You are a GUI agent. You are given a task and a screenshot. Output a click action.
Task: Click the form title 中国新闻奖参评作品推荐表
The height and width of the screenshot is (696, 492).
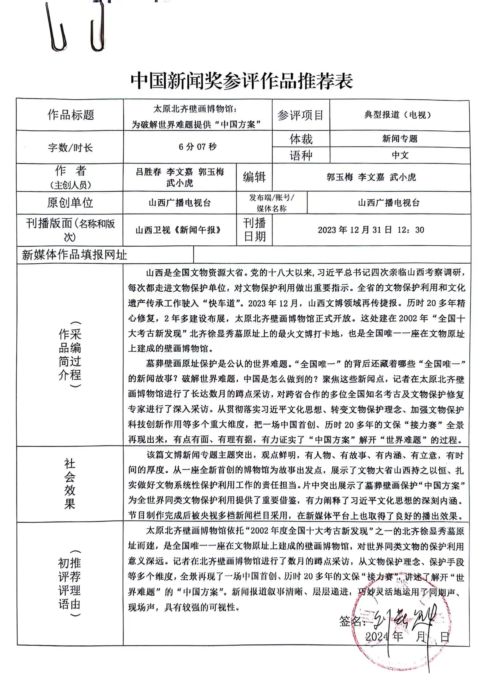pos(242,81)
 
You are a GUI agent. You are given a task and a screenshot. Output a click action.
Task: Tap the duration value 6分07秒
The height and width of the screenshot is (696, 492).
pos(197,147)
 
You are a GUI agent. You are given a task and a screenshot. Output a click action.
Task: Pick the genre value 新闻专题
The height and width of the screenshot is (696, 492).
pos(400,139)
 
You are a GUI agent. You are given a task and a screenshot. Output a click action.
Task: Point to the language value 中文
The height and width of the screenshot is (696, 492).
pos(400,155)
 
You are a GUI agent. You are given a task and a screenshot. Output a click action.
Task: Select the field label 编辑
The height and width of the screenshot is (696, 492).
pos(254,177)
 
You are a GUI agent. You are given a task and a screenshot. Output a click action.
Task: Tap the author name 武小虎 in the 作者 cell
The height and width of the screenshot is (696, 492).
pos(179,183)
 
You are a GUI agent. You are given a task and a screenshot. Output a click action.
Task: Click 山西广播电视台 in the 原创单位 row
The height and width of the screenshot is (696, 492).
pos(179,203)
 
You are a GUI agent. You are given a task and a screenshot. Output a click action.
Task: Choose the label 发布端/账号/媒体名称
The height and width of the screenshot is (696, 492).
pos(272,203)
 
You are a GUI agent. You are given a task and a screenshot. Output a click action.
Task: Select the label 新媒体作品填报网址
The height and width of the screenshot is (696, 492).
pos(74,255)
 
